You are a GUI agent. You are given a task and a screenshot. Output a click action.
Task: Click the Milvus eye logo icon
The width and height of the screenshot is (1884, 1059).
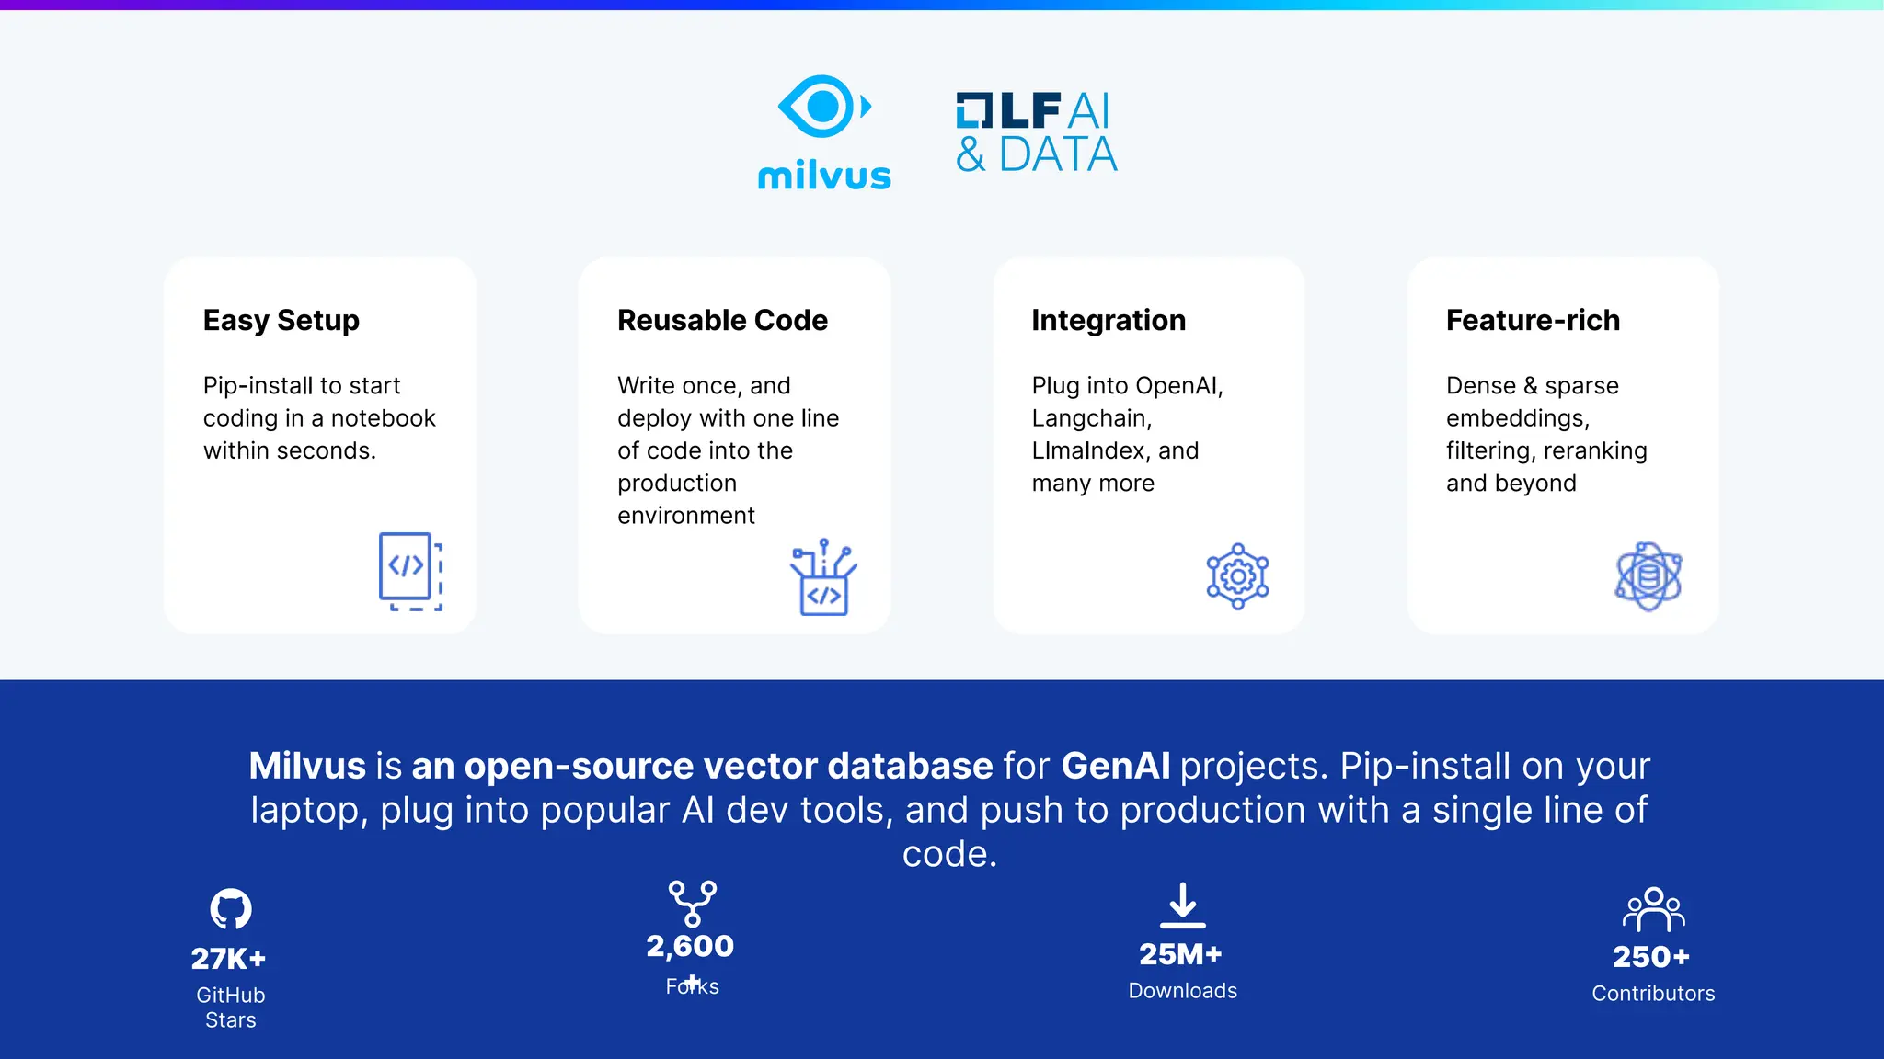823,107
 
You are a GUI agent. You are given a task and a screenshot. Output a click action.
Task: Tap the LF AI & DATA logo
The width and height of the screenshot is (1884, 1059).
1036,133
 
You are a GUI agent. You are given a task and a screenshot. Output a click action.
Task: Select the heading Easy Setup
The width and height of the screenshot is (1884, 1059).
281,320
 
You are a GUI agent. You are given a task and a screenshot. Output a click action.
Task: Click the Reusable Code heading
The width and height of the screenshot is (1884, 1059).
722,320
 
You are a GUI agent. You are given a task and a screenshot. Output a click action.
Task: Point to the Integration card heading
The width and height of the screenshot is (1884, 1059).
1109,320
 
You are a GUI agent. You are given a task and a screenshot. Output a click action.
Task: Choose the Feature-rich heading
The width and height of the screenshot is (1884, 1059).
1533,320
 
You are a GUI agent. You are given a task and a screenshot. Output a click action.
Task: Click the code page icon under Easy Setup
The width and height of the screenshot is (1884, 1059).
410,571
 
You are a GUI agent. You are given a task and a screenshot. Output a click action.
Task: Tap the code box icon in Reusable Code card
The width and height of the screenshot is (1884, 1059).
823,578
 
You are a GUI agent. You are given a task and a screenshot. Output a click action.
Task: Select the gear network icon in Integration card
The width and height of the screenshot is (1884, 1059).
1237,576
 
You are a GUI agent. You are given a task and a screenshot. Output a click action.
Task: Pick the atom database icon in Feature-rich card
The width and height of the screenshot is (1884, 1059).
1648,576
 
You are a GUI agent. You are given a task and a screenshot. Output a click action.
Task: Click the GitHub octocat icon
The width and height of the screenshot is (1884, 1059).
231,909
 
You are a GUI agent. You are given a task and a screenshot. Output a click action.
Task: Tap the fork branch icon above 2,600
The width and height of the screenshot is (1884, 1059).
693,904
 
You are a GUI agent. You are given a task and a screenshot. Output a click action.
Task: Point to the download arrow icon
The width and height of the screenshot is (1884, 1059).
1183,905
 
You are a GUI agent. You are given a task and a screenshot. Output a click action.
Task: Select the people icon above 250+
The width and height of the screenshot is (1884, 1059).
1653,909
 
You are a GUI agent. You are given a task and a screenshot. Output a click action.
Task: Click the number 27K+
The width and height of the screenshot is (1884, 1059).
228,959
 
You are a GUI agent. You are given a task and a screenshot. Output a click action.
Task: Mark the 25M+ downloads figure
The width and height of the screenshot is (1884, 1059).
1180,954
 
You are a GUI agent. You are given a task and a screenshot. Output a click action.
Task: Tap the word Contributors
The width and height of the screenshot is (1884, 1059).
1653,994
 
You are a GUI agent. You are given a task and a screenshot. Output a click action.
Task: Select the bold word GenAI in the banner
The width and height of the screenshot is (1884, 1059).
1116,766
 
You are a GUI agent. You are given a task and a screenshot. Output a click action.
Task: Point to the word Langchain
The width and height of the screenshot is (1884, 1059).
1090,418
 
